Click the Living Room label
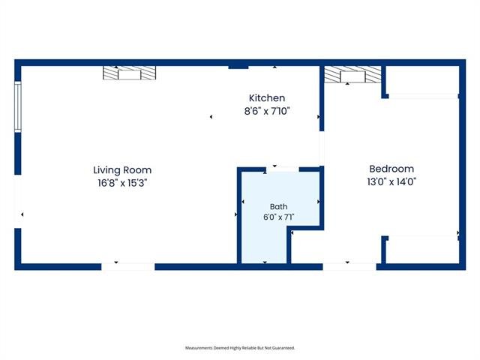tap(122, 170)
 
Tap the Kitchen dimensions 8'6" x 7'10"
tap(267, 111)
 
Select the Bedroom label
tap(391, 169)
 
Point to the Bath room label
tap(278, 207)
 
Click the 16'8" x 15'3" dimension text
tap(122, 183)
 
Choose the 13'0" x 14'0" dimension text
tap(391, 181)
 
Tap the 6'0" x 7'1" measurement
tap(278, 217)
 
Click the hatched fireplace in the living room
tap(130, 73)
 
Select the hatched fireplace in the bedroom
tap(352, 74)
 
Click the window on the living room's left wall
tap(18, 106)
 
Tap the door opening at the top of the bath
tap(282, 169)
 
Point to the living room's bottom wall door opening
tap(128, 266)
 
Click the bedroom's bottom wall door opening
tap(349, 266)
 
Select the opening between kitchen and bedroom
tap(322, 148)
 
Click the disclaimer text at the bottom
tap(240, 348)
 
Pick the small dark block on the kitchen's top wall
tap(238, 67)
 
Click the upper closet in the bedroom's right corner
tap(422, 80)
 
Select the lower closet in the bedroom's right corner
tap(422, 250)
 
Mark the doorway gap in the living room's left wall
tap(18, 202)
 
